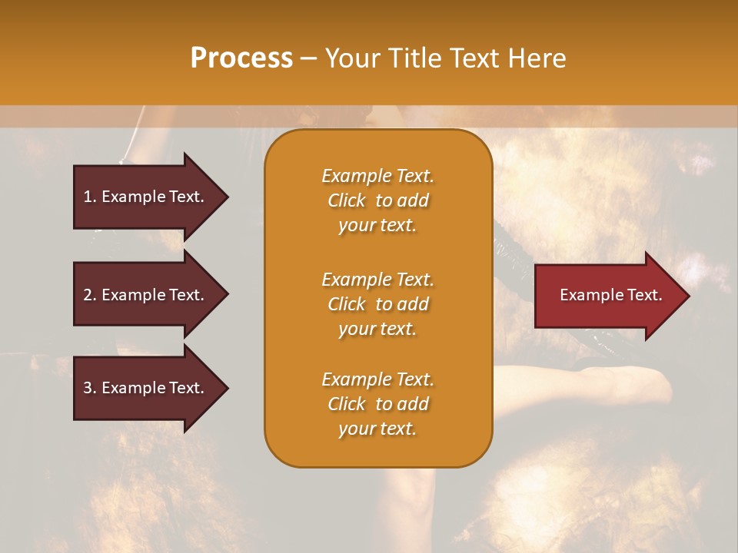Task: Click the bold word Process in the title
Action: [x=241, y=58]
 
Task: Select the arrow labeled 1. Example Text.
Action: [x=146, y=197]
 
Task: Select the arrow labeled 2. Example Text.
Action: [x=146, y=295]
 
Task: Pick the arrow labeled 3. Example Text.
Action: [x=146, y=388]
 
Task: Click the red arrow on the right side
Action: [x=607, y=295]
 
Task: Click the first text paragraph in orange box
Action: [x=377, y=200]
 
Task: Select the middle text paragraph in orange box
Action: [x=377, y=304]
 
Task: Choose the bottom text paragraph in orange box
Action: [x=377, y=404]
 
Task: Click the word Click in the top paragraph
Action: [x=347, y=200]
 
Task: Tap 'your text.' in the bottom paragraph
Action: [x=377, y=429]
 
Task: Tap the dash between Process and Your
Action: [x=309, y=59]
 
